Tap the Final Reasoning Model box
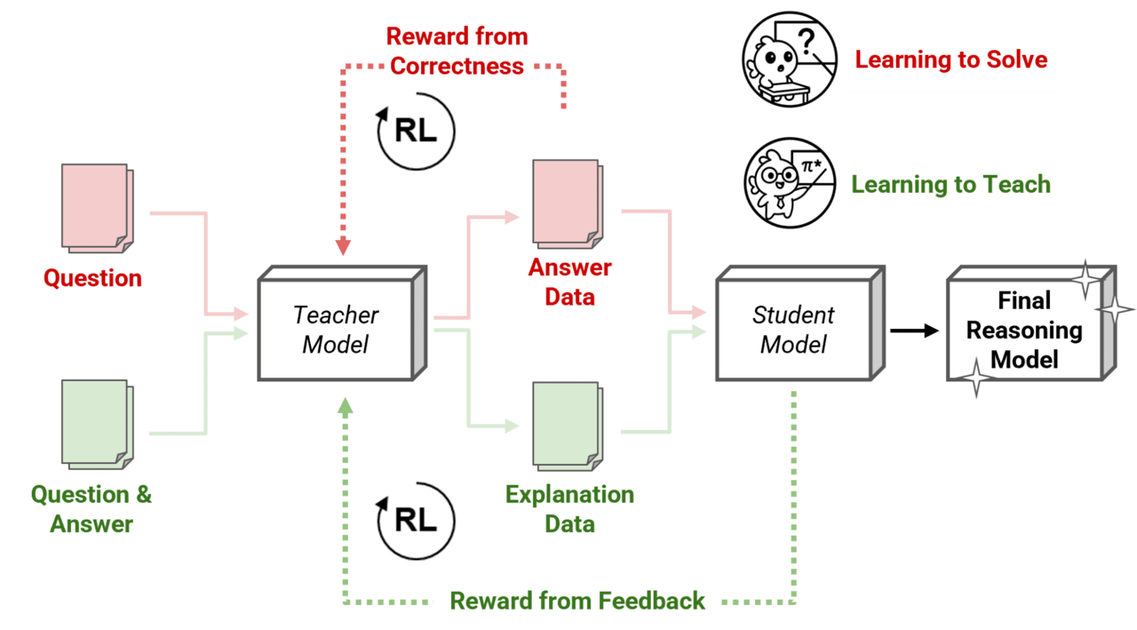point(1024,329)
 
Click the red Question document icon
point(96,207)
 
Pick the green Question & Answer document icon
point(96,424)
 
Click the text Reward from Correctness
point(457,52)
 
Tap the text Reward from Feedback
point(577,601)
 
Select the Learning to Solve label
point(950,60)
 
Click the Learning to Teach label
point(950,185)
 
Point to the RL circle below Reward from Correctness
point(415,132)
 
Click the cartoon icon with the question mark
point(790,59)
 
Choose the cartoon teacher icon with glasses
point(790,183)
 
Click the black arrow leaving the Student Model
point(914,331)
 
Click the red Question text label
point(92,278)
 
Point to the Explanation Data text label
point(569,508)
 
